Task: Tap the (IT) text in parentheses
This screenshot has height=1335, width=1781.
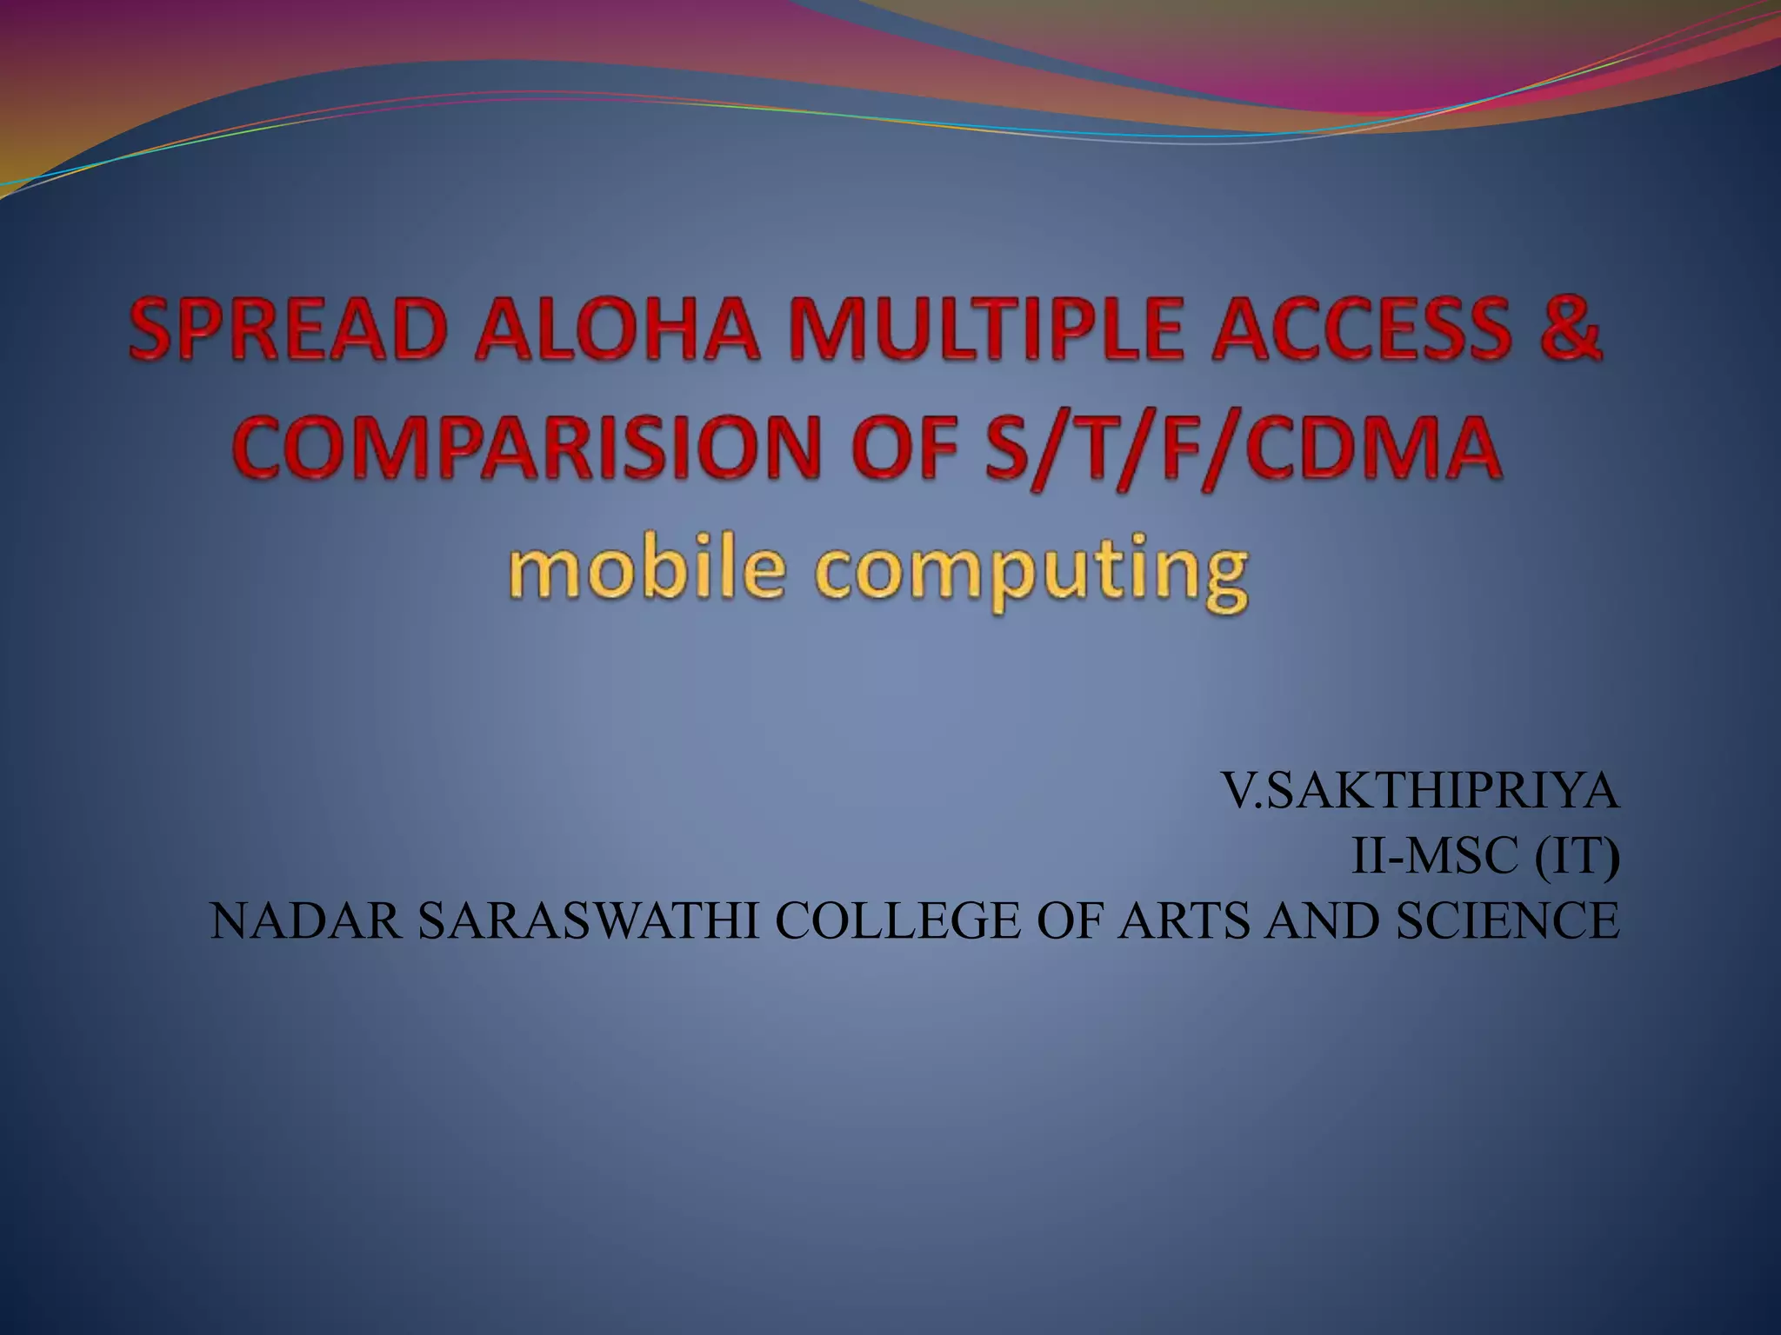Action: coord(1577,857)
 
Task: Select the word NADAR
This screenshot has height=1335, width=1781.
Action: coord(305,921)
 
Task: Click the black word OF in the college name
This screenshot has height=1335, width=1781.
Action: coord(1069,921)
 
